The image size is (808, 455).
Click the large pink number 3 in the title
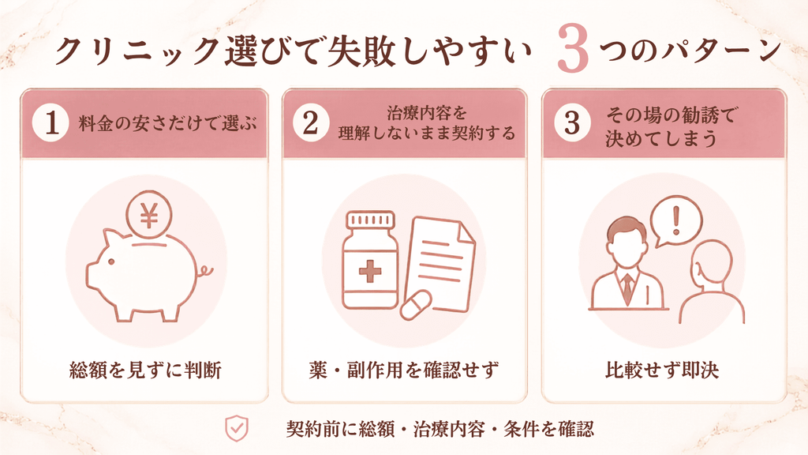click(573, 49)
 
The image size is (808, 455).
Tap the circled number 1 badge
click(50, 123)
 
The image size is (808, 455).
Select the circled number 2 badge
click(311, 123)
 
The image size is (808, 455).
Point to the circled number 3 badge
click(572, 123)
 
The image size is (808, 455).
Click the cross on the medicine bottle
click(369, 271)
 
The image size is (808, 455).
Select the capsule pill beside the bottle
click(416, 304)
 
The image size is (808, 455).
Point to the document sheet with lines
click(440, 264)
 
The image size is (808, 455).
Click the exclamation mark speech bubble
click(676, 221)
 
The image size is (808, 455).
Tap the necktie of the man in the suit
click(627, 289)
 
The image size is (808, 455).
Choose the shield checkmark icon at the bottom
click(237, 428)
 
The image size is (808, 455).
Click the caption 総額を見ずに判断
click(145, 370)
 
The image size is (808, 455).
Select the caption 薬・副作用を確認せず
click(404, 370)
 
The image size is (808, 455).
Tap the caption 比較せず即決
click(662, 370)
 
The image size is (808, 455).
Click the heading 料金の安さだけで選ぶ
click(167, 124)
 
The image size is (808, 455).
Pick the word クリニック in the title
click(137, 51)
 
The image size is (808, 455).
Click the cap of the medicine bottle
click(371, 220)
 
